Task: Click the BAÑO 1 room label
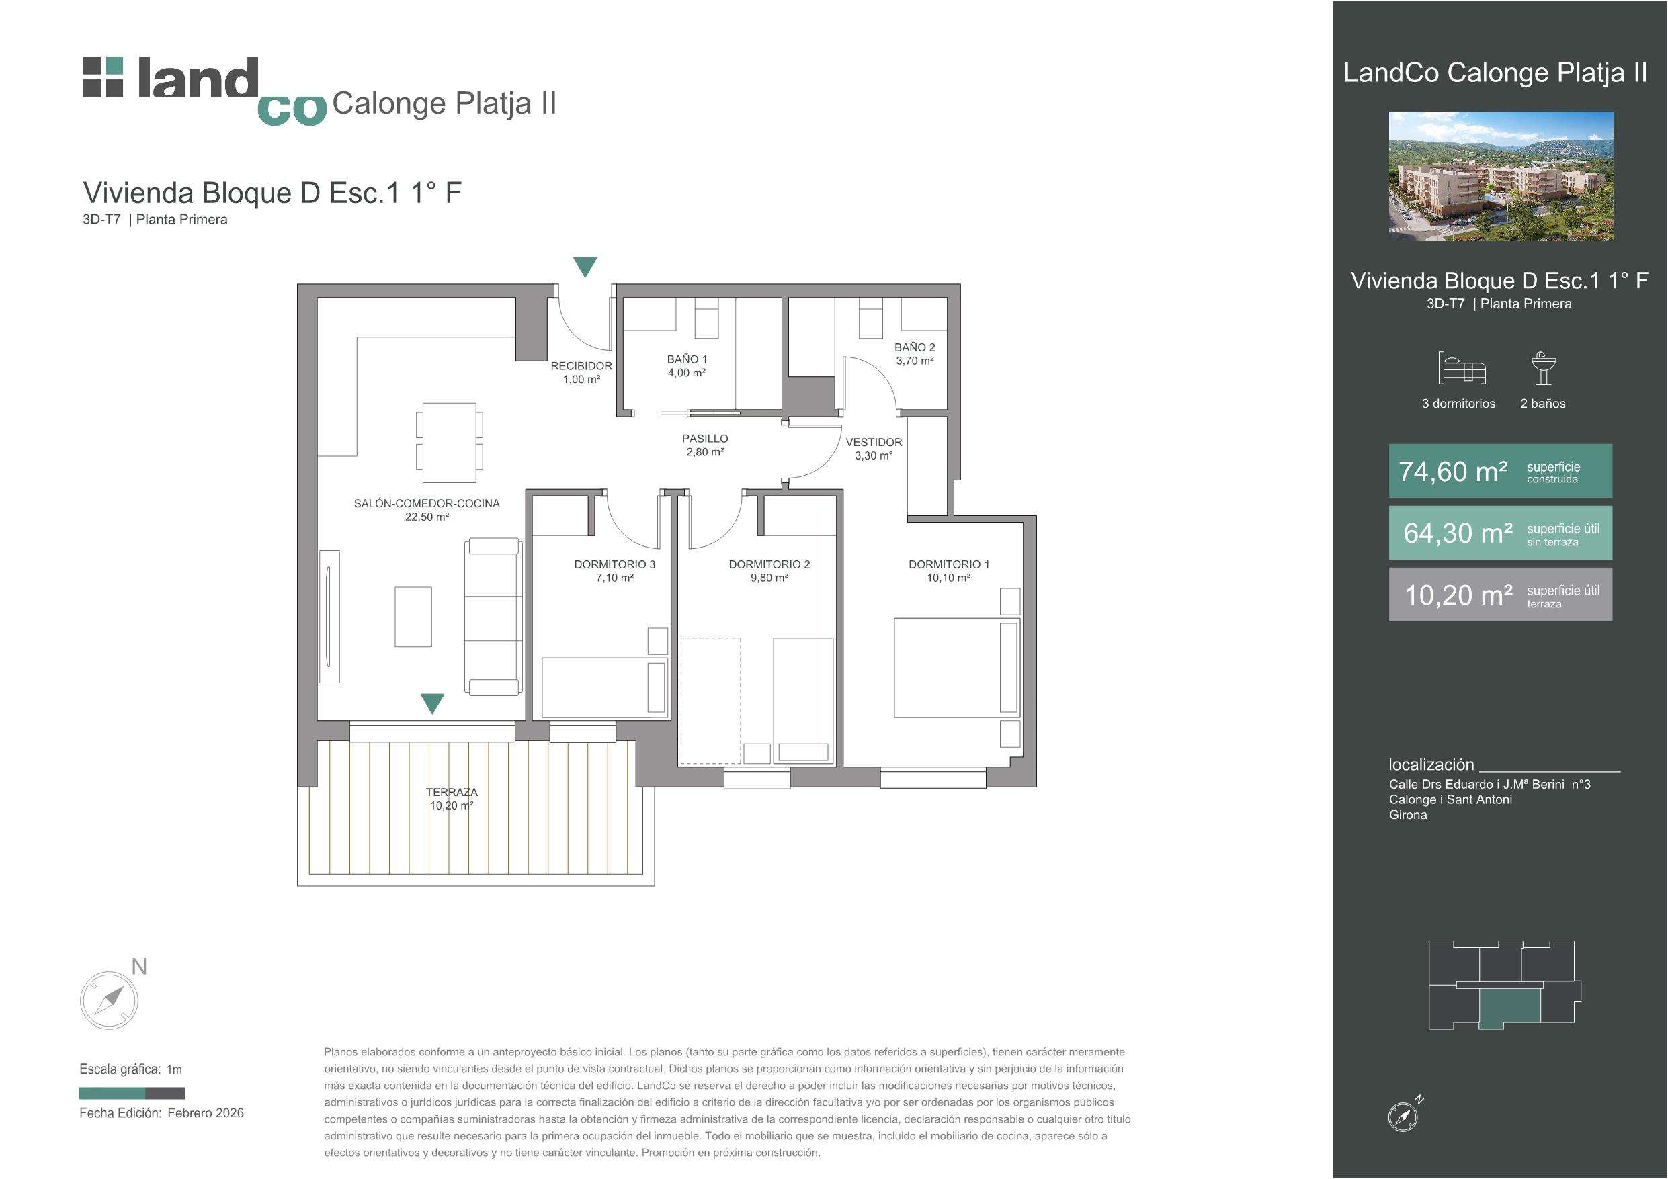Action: [x=687, y=359]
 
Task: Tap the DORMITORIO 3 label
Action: [x=615, y=564]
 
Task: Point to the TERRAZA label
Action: [x=452, y=792]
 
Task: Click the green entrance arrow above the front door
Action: [x=585, y=266]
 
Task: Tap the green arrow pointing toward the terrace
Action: [x=432, y=703]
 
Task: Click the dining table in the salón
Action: [x=450, y=443]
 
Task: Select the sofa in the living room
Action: [x=493, y=617]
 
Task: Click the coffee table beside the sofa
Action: [x=413, y=617]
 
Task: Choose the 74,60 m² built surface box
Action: [x=1500, y=471]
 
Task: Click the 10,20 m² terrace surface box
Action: [x=1500, y=595]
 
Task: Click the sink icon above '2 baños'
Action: [x=1543, y=368]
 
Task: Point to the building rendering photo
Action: [x=1501, y=176]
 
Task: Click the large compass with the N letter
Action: [x=109, y=1000]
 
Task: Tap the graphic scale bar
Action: [x=132, y=1093]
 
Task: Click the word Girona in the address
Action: [x=1408, y=815]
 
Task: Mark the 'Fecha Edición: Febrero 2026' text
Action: [x=161, y=1113]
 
